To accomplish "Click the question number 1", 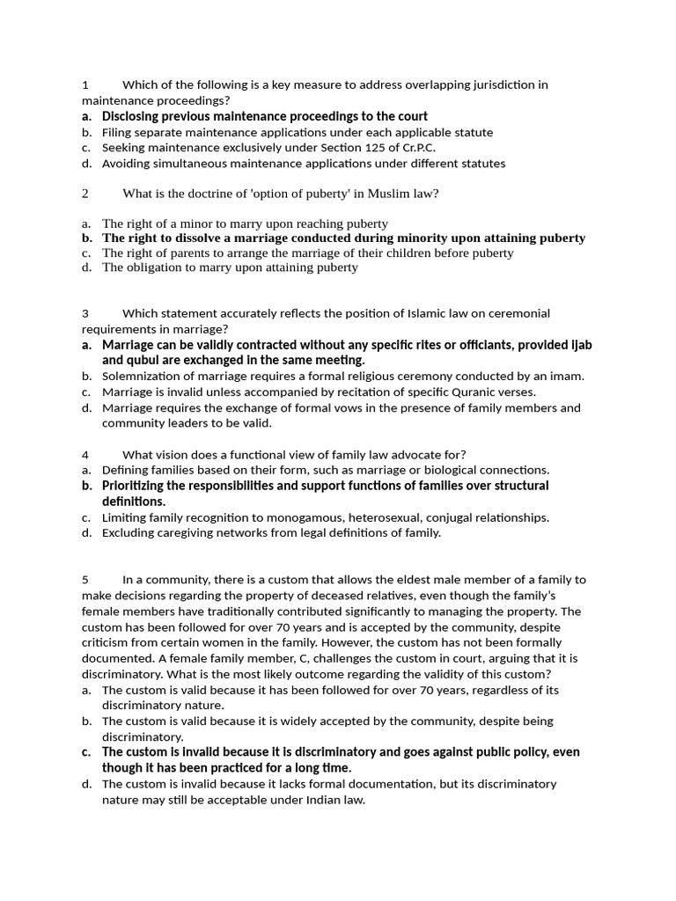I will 85,85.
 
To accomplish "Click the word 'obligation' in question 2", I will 152,267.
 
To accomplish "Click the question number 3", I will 85,313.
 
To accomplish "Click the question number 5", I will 85,580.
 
